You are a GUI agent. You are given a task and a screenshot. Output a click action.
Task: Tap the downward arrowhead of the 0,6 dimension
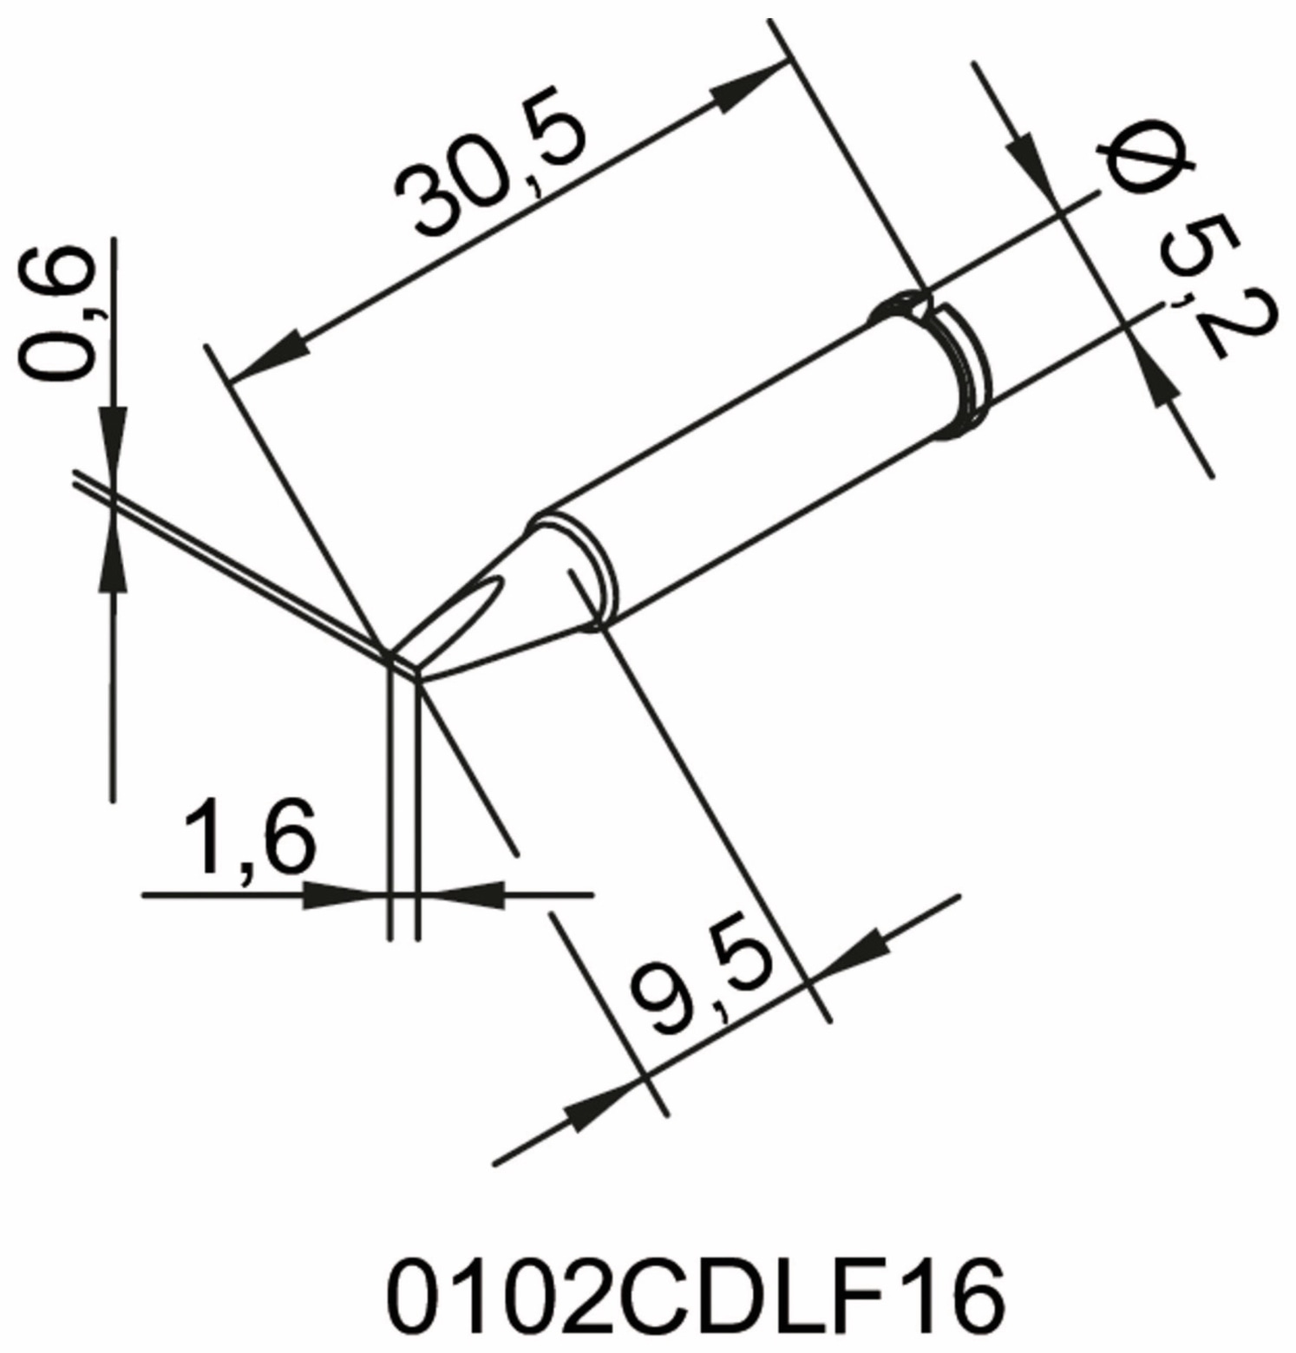[114, 442]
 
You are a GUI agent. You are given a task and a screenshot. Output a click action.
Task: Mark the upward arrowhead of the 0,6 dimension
[114, 555]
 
